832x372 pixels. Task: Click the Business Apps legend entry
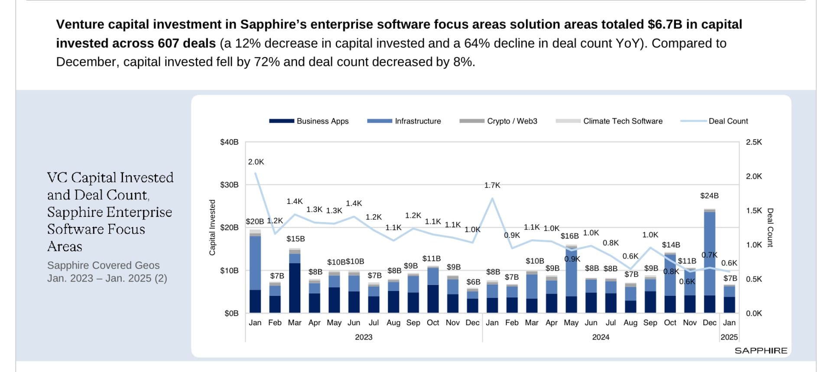tap(309, 121)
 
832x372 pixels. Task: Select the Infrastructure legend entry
tap(404, 121)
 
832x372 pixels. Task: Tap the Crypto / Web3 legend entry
tap(498, 121)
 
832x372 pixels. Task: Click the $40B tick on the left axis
tap(229, 142)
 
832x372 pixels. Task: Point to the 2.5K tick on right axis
tap(754, 142)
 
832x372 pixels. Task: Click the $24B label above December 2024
tap(709, 196)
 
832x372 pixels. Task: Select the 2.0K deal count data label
tap(256, 162)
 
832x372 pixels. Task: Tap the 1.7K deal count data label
tap(492, 185)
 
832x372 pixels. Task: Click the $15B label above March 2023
tap(296, 239)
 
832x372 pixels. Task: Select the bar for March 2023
tap(295, 281)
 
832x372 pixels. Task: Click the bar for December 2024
tap(709, 262)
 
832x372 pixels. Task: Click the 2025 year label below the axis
tap(729, 337)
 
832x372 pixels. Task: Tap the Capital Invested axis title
tap(212, 227)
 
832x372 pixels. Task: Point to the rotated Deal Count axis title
tap(770, 227)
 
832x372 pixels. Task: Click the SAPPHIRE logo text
tap(760, 351)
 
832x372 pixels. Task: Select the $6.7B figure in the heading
tap(665, 24)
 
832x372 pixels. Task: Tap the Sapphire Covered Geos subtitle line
tap(103, 265)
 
